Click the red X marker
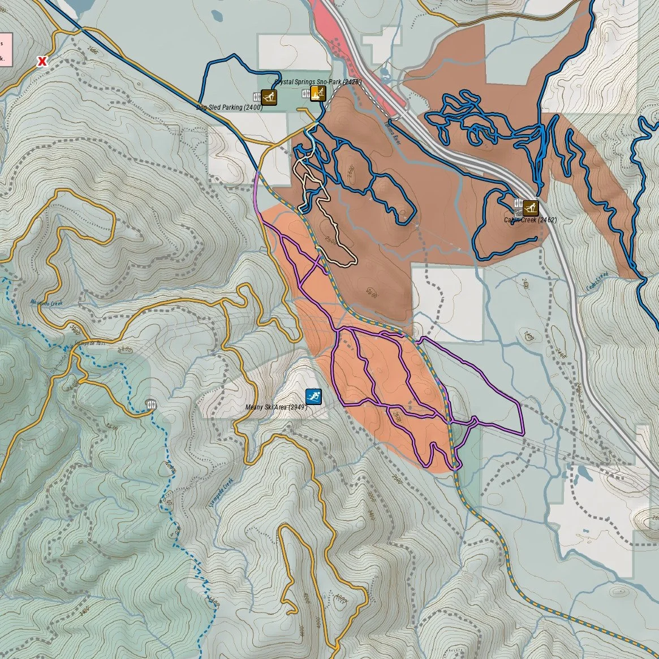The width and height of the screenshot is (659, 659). coord(42,61)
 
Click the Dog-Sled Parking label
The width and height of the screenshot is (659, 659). coord(229,107)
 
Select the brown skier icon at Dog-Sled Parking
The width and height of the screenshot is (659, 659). coord(269,97)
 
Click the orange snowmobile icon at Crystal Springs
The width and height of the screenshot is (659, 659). coord(318,93)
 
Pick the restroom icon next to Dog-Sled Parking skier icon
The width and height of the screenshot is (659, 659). coord(257,97)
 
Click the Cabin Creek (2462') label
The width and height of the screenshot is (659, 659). coord(530,220)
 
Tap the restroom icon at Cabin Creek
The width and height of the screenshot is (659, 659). coord(518,204)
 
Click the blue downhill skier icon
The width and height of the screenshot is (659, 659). coord(313,397)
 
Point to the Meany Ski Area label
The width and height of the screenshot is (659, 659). coord(275,407)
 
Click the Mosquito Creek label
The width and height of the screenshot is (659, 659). coord(45,303)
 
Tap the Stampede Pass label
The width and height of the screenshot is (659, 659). coord(90,343)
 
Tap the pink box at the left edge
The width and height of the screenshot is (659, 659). coord(5,50)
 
